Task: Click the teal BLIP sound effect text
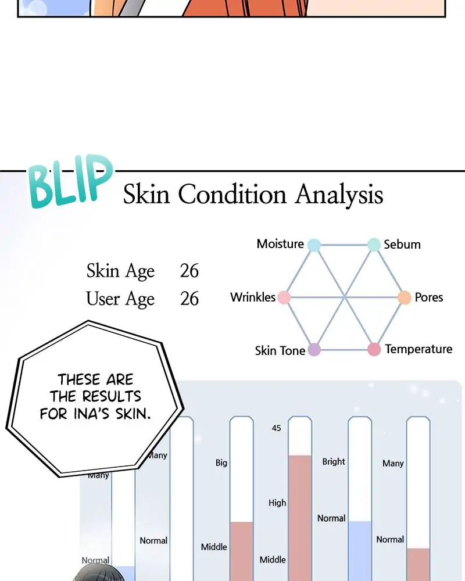[70, 181]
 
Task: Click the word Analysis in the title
[339, 194]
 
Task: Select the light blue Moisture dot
[314, 245]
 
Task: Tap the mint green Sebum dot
[374, 245]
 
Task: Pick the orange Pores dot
[405, 297]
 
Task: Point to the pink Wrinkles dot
[284, 297]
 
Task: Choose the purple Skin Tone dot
[314, 349]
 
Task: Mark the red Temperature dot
[374, 349]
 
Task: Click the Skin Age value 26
[189, 271]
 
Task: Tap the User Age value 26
[189, 299]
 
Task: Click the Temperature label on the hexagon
[419, 349]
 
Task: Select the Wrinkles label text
[253, 297]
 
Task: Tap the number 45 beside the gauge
[276, 428]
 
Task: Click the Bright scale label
[334, 462]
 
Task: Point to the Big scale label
[221, 463]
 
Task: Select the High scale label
[277, 503]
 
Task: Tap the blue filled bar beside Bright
[360, 551]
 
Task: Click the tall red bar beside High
[300, 518]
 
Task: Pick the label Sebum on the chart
[402, 245]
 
